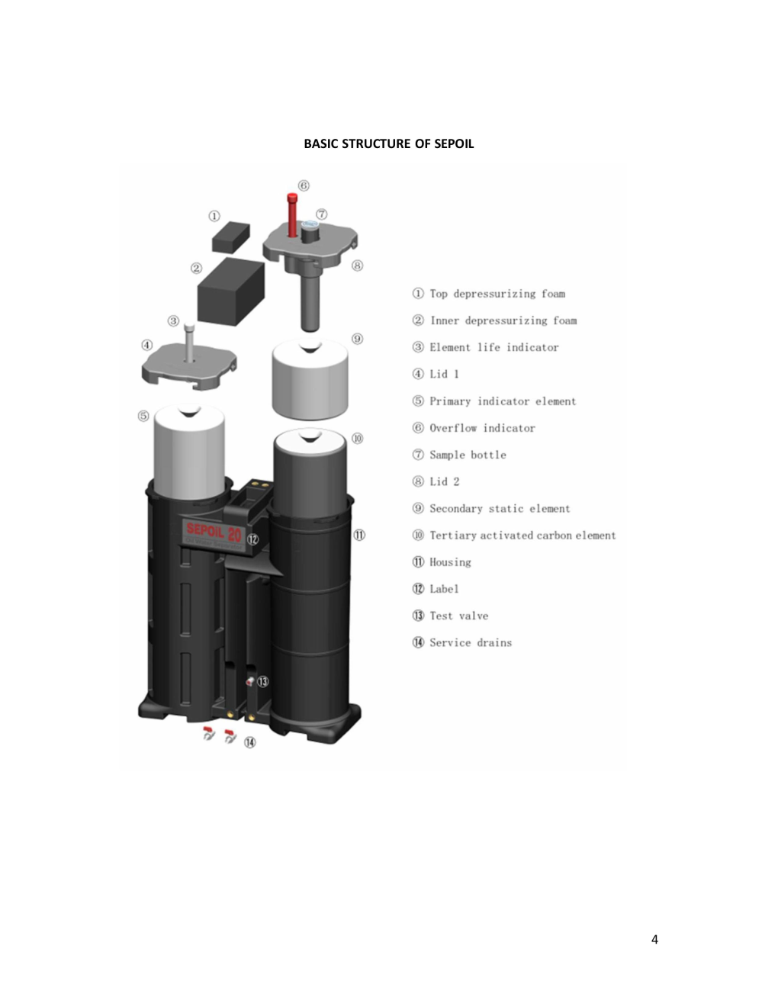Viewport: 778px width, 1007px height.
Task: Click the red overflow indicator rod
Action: coord(292,215)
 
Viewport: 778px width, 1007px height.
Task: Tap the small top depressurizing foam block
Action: coord(231,237)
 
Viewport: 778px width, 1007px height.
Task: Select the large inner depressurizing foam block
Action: coord(231,291)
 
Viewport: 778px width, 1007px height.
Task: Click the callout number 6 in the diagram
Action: coord(304,185)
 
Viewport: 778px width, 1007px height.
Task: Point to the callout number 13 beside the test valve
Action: coord(262,682)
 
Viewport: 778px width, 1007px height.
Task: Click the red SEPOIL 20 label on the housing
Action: coord(214,532)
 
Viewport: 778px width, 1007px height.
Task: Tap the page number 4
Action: coord(654,939)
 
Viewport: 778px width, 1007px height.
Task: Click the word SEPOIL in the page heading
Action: coord(454,143)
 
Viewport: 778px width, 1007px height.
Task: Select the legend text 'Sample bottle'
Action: coord(468,455)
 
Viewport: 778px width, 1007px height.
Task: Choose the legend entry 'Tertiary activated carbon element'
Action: coord(522,536)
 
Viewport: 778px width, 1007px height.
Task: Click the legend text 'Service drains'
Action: coord(471,643)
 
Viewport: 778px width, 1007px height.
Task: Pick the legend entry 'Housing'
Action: coord(450,562)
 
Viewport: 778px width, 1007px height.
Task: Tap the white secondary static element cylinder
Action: coord(310,378)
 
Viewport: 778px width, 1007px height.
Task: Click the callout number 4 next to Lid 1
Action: coord(147,346)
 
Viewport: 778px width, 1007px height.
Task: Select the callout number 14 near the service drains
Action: coord(249,743)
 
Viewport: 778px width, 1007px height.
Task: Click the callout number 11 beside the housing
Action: coord(359,536)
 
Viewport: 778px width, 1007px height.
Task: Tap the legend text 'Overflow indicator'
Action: coord(482,428)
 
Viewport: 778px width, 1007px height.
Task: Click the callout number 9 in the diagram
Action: coord(357,339)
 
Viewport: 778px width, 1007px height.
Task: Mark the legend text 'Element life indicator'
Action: coord(494,347)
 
